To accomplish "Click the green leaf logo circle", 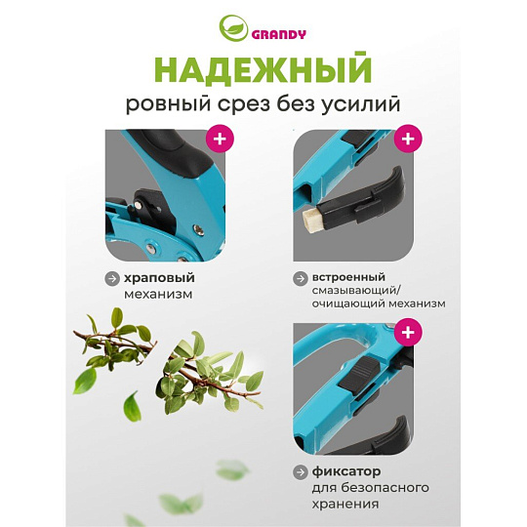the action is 233,28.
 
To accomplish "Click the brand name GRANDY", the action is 278,34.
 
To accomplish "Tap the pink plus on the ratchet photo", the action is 220,139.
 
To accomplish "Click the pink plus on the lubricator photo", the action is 408,139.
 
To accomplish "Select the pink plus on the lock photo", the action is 408,332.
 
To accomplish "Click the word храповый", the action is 159,278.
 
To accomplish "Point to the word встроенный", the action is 348,277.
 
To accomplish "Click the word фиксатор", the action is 346,471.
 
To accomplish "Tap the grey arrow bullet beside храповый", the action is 112,278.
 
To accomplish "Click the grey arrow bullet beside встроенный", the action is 301,278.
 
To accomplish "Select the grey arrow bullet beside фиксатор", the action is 301,472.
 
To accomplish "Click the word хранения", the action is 345,505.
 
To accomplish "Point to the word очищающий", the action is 348,304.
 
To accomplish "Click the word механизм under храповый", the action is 158,294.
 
